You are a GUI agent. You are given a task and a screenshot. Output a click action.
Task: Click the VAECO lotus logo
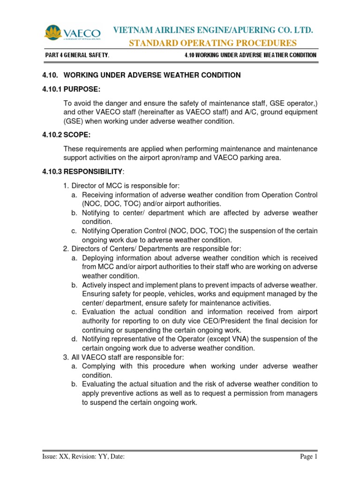pyautogui.click(x=72, y=33)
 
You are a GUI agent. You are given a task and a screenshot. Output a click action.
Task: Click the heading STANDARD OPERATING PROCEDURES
pyautogui.click(x=213, y=43)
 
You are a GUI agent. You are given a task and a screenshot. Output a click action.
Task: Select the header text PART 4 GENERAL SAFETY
pyautogui.click(x=77, y=55)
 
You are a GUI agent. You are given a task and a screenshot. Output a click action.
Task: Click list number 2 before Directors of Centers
pyautogui.click(x=66, y=248)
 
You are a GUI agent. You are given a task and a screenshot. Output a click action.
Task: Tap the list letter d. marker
pyautogui.click(x=75, y=338)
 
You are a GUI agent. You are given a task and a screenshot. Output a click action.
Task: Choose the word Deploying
pyautogui.click(x=100, y=258)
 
